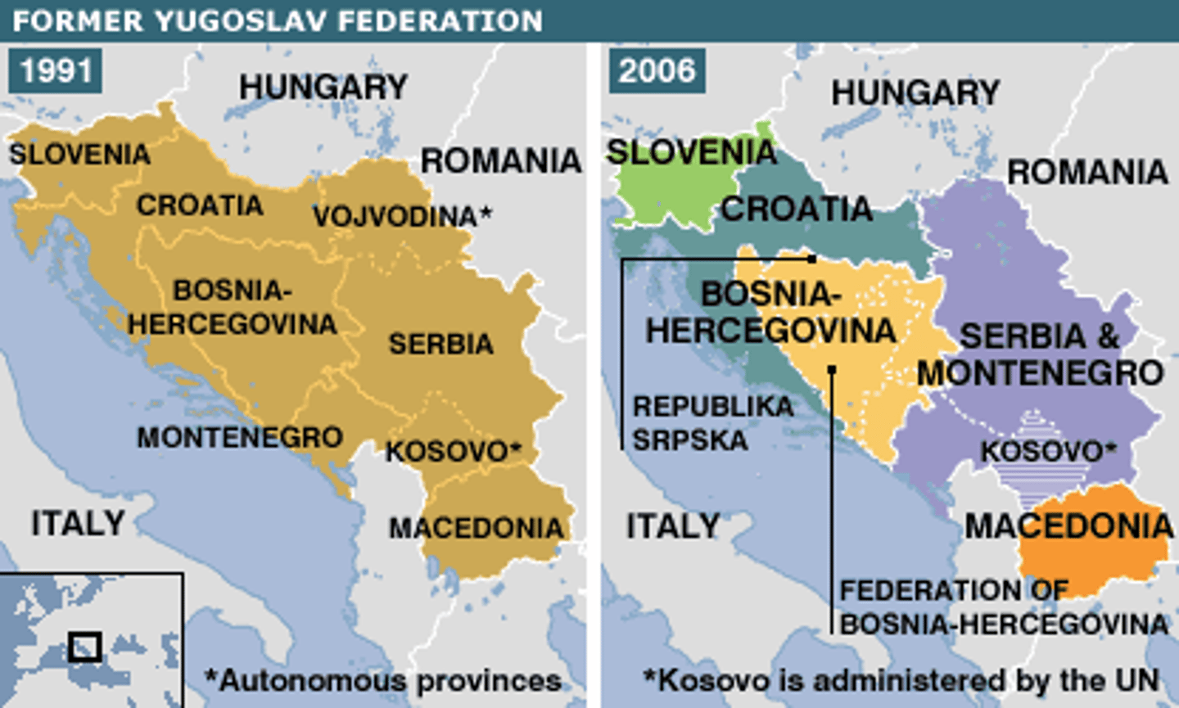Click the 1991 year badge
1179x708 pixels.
(x=56, y=70)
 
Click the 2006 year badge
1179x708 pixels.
(x=657, y=70)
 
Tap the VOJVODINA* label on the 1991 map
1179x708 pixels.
(x=402, y=216)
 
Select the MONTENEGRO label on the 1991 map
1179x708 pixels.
(x=240, y=437)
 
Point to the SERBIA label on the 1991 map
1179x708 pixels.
(x=440, y=344)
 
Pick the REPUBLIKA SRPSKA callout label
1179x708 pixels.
(x=712, y=423)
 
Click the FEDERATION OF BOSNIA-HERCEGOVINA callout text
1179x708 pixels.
(x=1003, y=607)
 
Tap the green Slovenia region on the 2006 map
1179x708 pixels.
(x=663, y=192)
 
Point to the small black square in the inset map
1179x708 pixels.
(x=85, y=647)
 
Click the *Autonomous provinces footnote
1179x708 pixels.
(x=383, y=680)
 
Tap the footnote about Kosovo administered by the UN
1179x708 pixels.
(x=901, y=680)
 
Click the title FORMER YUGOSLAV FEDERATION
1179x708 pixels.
(x=278, y=20)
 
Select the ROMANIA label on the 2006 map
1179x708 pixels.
(x=1087, y=172)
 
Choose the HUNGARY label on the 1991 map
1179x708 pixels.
(x=323, y=87)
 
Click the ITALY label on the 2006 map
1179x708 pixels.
(x=673, y=525)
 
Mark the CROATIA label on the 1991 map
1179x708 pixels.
(x=200, y=205)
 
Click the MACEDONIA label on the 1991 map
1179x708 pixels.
(x=477, y=528)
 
